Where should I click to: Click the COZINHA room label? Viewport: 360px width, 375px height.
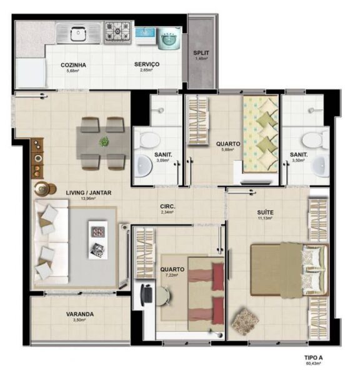pos(73,65)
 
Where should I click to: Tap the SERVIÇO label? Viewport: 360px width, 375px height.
pos(147,64)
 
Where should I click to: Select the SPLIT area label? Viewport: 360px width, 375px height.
pos(201,53)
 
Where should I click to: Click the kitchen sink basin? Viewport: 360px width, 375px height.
pos(78,34)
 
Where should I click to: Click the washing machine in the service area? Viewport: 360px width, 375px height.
pos(169,39)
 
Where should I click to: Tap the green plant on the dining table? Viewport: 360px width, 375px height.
pos(104,141)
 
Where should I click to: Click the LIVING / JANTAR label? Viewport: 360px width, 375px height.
pos(89,192)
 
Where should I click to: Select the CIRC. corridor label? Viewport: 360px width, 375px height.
pos(167,206)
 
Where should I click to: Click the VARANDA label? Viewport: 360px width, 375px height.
pos(79,314)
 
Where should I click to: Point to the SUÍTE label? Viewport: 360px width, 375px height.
pos(265,212)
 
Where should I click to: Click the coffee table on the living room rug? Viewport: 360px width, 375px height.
pos(98,240)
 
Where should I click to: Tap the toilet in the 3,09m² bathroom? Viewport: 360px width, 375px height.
pos(149,139)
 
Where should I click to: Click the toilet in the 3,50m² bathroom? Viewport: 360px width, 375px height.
pos(315,139)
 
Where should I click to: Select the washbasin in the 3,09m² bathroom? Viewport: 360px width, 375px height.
pos(144,166)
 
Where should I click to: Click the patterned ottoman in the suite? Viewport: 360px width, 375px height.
pos(245,321)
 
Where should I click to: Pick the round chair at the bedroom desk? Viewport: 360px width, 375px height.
pos(164,296)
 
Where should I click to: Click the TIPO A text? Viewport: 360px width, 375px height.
pos(313,357)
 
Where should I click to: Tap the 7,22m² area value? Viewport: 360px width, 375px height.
pos(172,275)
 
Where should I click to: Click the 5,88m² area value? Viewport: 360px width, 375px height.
pos(228,149)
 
